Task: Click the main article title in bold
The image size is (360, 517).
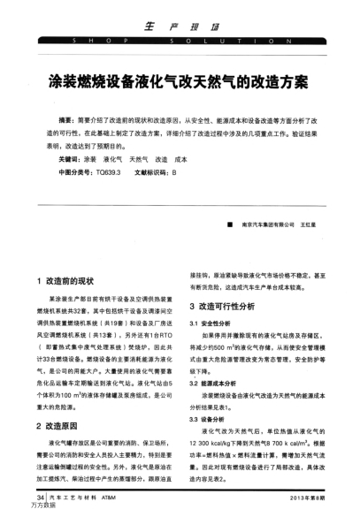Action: click(180, 87)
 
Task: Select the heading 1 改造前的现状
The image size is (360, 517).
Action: click(71, 281)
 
